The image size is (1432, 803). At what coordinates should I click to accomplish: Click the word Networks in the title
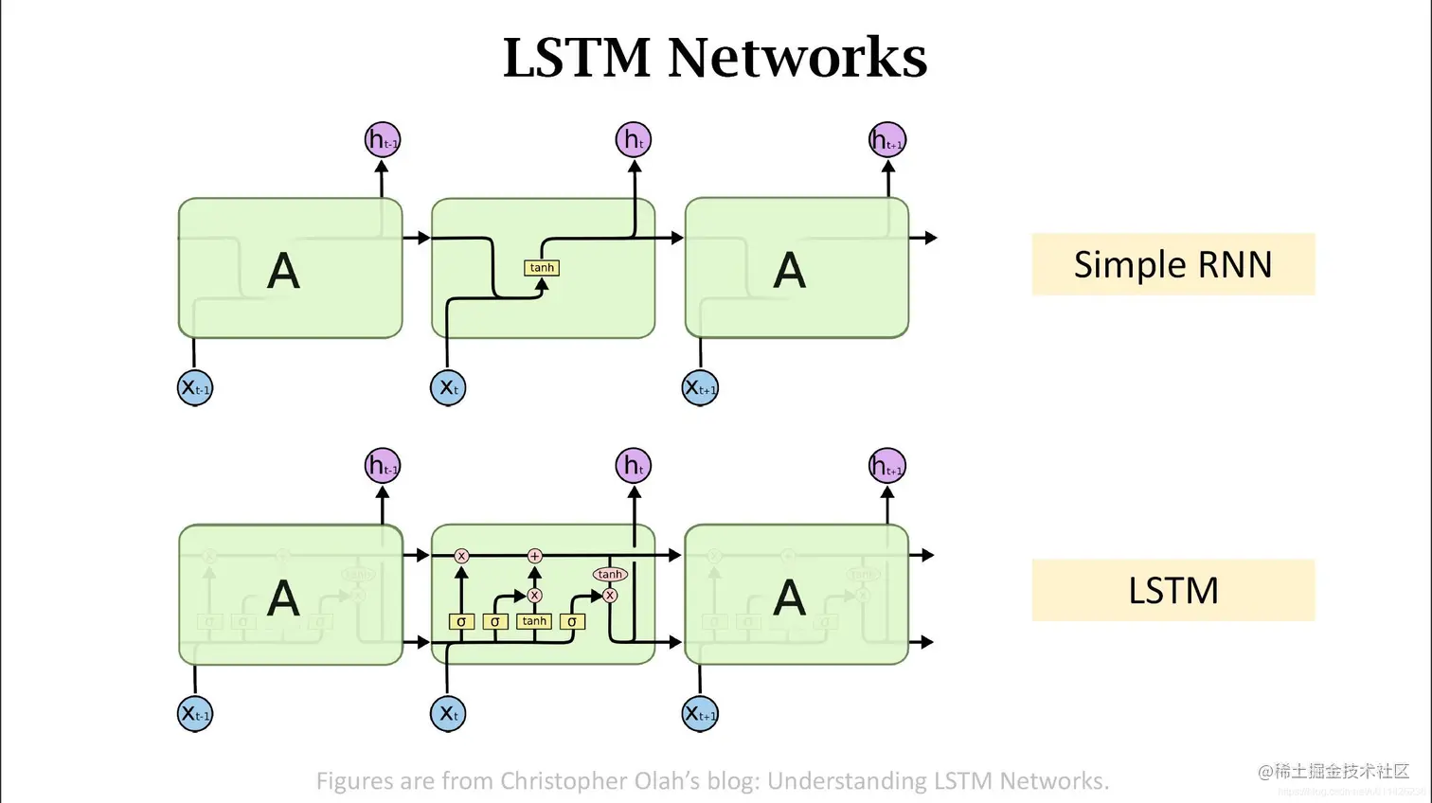click(797, 58)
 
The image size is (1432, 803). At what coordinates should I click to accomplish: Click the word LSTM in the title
click(576, 58)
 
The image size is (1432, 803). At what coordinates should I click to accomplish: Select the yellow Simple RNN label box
click(1172, 264)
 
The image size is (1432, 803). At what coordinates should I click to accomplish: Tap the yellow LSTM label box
click(1172, 590)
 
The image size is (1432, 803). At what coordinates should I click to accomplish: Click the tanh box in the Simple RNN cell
click(542, 268)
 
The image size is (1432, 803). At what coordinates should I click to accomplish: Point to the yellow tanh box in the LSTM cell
click(534, 621)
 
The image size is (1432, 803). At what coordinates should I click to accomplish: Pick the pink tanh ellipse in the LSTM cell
click(610, 574)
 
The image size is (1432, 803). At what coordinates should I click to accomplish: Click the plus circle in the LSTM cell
click(534, 556)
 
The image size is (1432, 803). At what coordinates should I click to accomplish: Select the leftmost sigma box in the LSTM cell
click(461, 621)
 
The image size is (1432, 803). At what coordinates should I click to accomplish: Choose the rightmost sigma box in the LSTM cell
click(572, 621)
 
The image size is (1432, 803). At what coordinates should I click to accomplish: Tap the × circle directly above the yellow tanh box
click(534, 596)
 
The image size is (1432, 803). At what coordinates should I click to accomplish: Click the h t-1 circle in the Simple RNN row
click(383, 140)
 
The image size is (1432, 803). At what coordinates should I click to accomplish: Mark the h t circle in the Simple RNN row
click(634, 140)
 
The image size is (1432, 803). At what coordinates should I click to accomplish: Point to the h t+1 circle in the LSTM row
click(887, 466)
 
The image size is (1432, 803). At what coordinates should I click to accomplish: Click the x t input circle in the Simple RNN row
click(448, 387)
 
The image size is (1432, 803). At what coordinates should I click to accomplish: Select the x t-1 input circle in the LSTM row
click(195, 713)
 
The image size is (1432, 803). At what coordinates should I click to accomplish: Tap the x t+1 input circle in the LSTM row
click(701, 713)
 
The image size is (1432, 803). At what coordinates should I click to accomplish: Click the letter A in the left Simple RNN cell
click(283, 272)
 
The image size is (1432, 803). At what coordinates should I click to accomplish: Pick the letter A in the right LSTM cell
click(789, 598)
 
